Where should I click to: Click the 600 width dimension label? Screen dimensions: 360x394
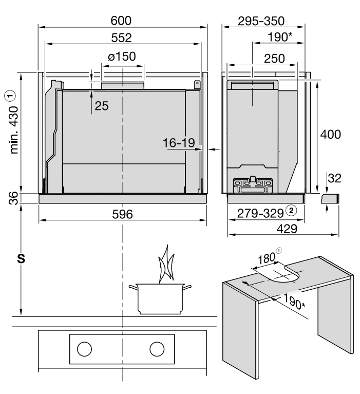click(121, 21)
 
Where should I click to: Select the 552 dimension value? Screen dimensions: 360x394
click(121, 37)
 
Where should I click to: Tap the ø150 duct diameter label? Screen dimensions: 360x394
click(122, 57)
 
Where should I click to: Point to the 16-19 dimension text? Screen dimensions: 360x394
click(179, 143)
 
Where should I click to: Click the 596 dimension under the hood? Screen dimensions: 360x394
click(122, 214)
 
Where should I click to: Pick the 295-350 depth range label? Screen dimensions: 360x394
click(261, 21)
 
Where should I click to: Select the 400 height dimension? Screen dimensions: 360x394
click(330, 135)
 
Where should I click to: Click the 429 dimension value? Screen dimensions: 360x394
click(287, 229)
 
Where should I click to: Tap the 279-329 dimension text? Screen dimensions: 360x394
click(260, 214)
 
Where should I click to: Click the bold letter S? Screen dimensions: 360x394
click(22, 258)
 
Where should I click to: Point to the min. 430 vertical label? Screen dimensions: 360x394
click(14, 129)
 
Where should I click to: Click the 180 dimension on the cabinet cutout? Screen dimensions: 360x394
click(267, 258)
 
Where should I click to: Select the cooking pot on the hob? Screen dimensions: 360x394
click(160, 299)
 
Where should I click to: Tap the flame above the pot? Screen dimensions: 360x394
click(166, 264)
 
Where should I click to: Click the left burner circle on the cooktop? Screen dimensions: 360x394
click(84, 349)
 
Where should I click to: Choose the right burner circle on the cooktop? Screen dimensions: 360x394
click(157, 349)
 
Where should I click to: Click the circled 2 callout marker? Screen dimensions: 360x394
click(291, 211)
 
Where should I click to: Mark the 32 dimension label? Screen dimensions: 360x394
click(334, 178)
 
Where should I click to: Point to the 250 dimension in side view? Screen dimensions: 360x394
click(274, 59)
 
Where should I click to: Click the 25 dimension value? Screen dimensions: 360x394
click(102, 106)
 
